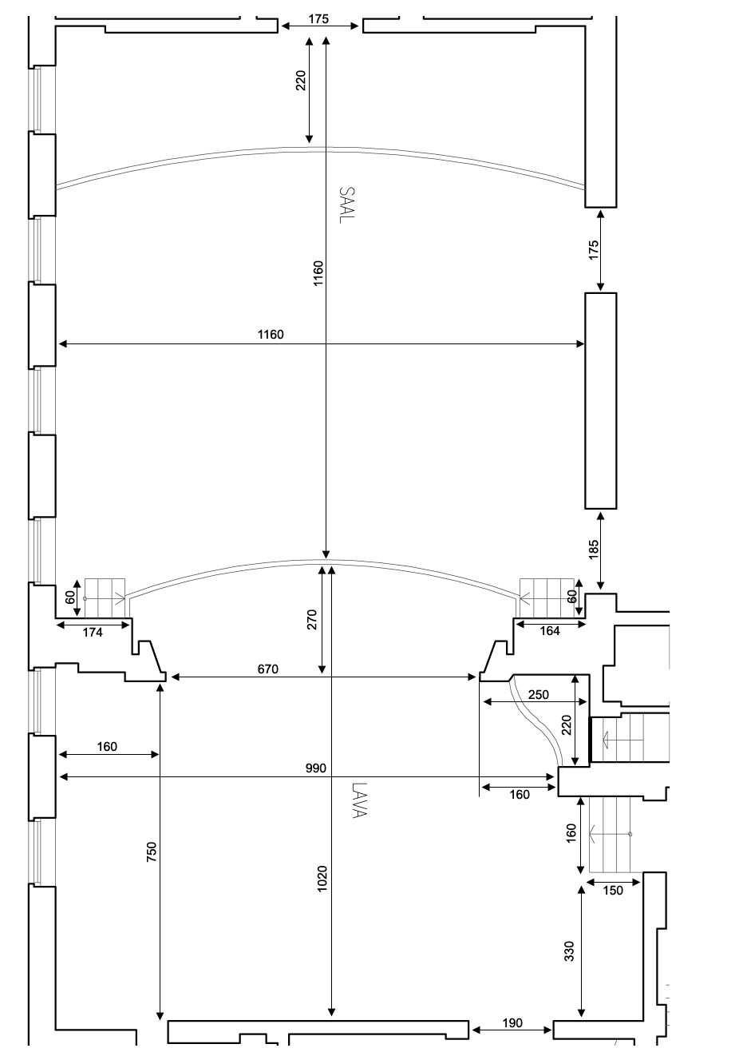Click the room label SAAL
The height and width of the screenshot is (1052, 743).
pos(346,205)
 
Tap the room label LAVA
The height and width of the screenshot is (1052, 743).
pos(358,800)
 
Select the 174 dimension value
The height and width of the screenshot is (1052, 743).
pos(93,633)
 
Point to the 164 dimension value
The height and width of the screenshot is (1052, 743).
pos(550,631)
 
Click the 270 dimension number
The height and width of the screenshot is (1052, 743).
pos(312,620)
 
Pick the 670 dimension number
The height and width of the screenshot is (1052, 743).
pos(268,669)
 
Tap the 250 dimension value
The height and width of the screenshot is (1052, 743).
pos(539,695)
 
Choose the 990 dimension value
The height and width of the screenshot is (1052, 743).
pos(316,768)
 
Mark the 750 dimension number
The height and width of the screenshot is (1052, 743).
pos(152,851)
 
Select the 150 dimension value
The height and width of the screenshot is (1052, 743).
pos(614,891)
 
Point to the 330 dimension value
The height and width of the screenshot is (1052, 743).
pos(569,951)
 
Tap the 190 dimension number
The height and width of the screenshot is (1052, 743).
pos(512,1023)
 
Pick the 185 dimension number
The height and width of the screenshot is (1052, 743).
pos(593,550)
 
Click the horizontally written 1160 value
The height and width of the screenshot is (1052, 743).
pos(271,335)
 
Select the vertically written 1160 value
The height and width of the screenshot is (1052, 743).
pos(318,273)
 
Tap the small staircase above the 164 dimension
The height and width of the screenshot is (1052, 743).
pos(547,597)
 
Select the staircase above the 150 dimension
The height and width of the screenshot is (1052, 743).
pos(611,834)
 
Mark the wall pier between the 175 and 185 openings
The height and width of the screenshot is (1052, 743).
pos(601,400)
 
